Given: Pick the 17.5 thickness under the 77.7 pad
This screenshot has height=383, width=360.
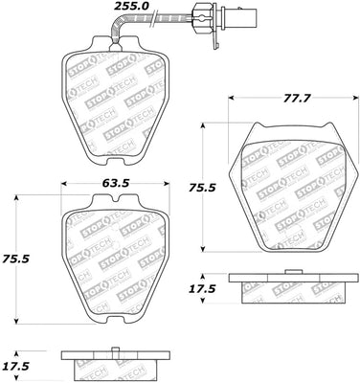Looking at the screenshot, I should pos(205,287).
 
